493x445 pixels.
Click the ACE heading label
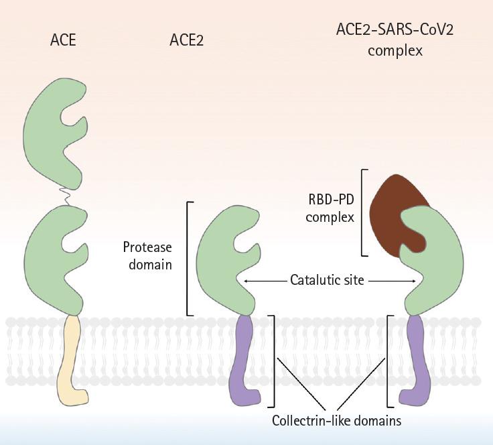63,40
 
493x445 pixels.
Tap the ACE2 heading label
186,40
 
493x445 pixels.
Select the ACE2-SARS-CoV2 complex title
395,40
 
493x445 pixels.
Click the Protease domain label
147,255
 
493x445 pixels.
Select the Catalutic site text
327,280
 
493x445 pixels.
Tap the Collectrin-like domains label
336,421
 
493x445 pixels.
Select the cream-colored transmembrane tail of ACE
70,362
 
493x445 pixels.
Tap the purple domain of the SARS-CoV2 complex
417,362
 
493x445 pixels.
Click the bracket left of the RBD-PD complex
363,212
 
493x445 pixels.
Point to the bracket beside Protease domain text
188,258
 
